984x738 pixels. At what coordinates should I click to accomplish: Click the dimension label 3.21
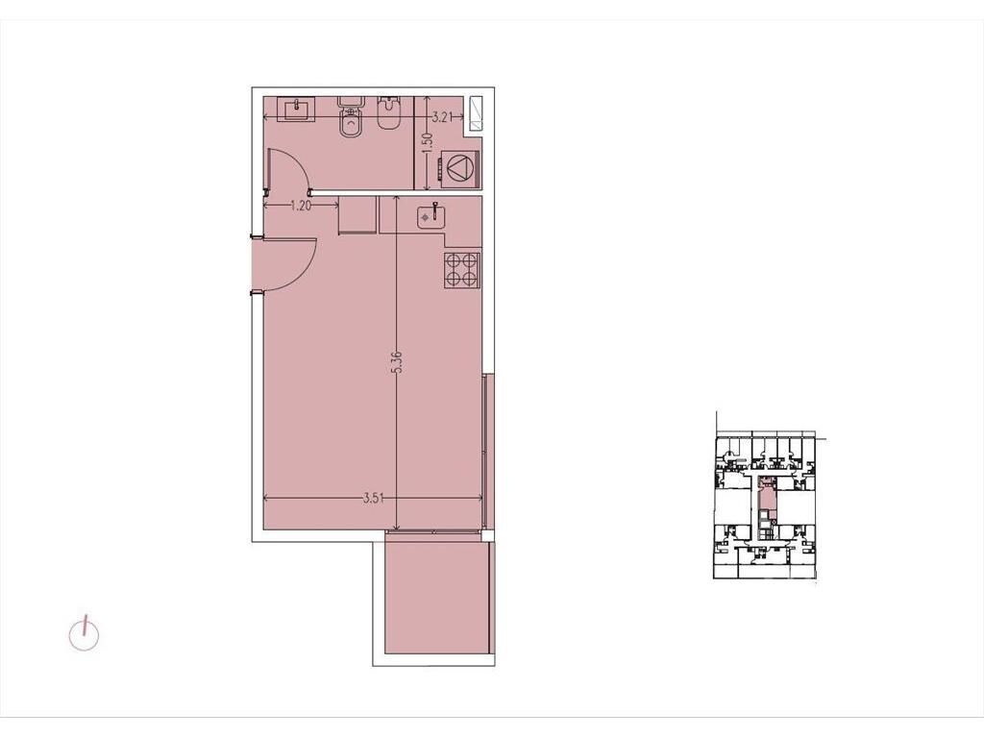442,116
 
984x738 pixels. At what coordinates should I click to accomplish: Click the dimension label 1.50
428,142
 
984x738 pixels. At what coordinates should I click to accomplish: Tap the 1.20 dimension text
301,206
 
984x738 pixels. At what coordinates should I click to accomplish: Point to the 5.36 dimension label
397,362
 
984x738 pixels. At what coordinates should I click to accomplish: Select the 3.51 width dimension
374,499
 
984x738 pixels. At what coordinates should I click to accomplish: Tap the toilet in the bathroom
350,116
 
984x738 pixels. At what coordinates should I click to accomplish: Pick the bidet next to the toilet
388,114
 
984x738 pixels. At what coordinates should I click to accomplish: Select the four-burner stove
462,270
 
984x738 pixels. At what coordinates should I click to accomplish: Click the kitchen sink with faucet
432,216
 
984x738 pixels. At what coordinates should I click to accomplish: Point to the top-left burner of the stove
454,261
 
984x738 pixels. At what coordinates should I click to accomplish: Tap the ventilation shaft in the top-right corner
476,113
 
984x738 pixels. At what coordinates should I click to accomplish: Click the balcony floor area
437,598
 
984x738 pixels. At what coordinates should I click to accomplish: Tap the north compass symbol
84,635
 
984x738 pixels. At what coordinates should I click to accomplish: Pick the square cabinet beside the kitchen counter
357,215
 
